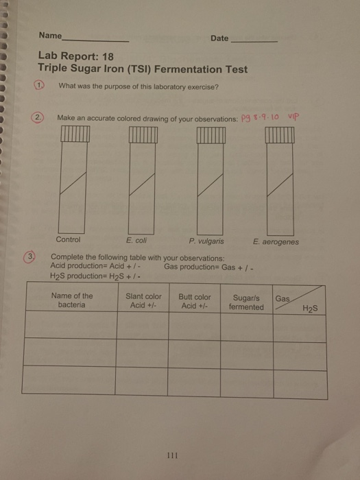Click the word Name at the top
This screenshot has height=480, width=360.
(x=50, y=36)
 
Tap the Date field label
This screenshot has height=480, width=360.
(x=219, y=38)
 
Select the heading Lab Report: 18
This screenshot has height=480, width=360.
(x=71, y=58)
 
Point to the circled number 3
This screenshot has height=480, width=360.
(x=32, y=257)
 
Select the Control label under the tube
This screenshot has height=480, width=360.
(x=68, y=240)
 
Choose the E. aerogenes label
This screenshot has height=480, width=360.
(x=275, y=241)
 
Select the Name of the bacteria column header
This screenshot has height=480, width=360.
(x=72, y=300)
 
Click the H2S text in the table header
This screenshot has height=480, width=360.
(x=311, y=309)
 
